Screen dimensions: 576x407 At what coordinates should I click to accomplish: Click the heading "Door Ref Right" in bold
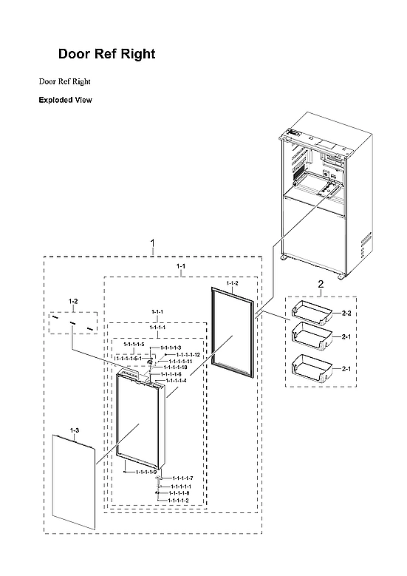click(106, 55)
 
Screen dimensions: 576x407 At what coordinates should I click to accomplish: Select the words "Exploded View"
click(65, 100)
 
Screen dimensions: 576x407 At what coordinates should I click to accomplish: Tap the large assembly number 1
click(152, 243)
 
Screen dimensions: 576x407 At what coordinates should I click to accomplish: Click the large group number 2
click(320, 284)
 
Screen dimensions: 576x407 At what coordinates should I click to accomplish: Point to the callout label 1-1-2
click(232, 283)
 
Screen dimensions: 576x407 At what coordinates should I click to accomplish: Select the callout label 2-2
click(346, 314)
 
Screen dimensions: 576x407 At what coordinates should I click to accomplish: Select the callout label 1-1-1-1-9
click(140, 472)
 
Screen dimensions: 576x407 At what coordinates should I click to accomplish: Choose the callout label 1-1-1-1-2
click(176, 501)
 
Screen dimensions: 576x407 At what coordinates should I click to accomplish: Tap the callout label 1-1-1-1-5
click(134, 345)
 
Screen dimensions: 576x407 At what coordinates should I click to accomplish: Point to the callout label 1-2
click(73, 301)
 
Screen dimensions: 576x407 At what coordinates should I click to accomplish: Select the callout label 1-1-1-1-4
click(176, 381)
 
